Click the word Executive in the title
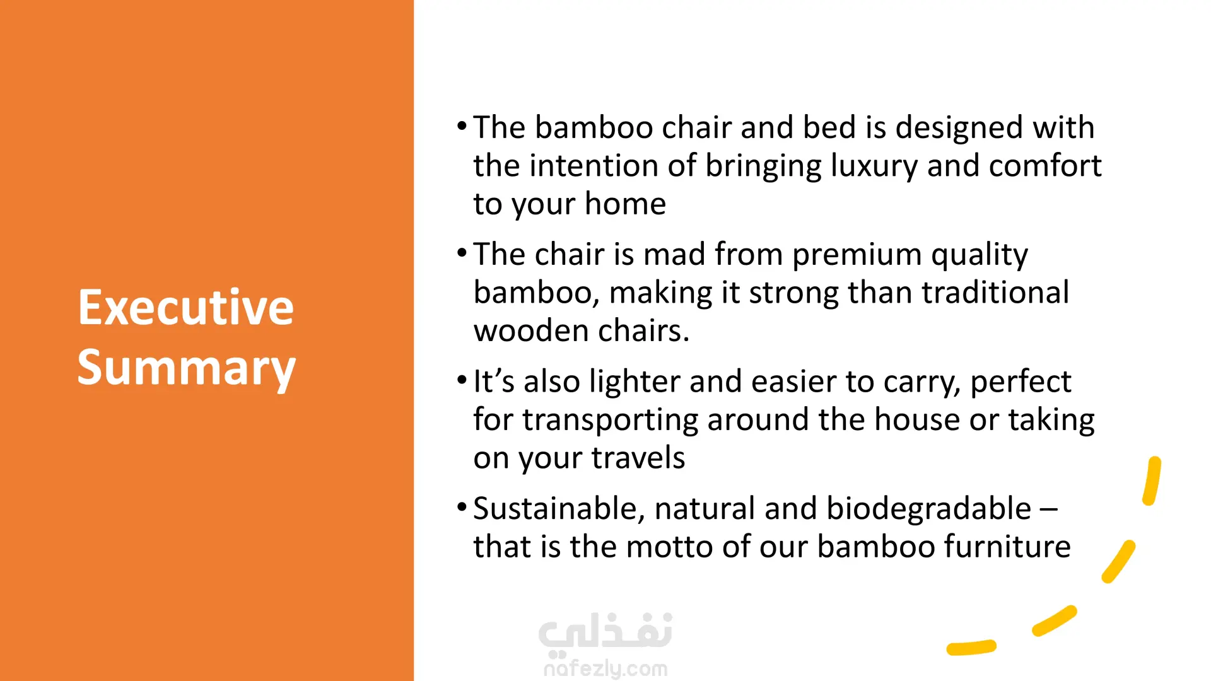(186, 307)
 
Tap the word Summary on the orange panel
(187, 368)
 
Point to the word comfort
(1045, 166)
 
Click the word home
(625, 204)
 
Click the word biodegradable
(928, 509)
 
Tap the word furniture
(1007, 547)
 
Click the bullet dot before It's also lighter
(462, 380)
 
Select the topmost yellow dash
(1152, 480)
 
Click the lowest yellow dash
(971, 648)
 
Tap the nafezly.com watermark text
(605, 668)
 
